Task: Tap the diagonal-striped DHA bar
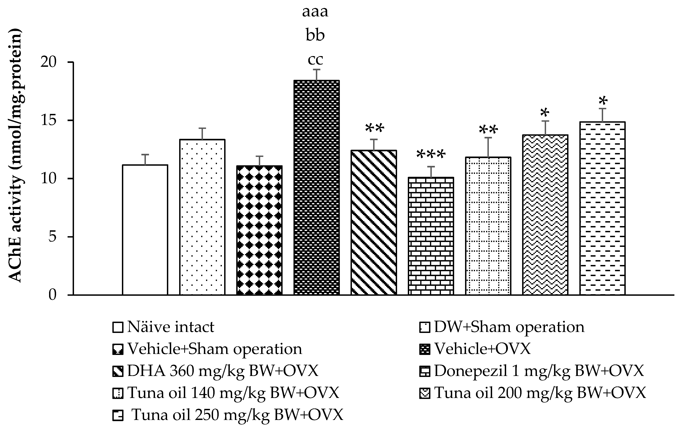374,223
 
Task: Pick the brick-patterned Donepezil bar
431,236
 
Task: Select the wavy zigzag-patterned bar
545,215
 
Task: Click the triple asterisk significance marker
431,155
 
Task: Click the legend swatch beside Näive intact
118,328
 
